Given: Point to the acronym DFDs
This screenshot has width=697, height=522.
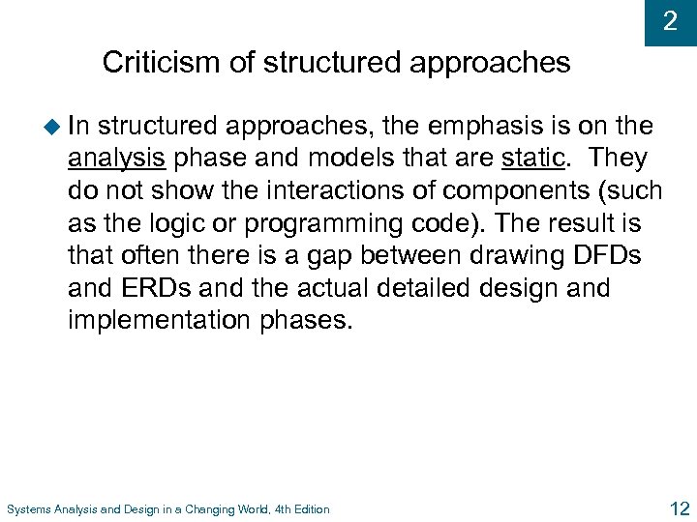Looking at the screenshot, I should (615, 256).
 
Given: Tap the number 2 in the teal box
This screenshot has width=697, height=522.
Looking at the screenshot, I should (671, 21).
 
